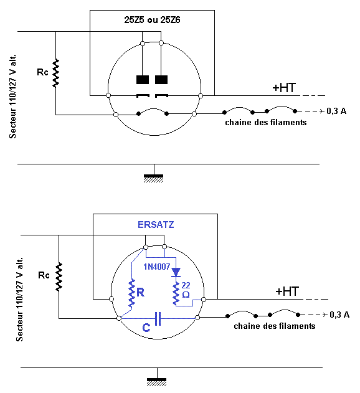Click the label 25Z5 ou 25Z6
pyautogui.click(x=152, y=20)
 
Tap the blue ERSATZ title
pyautogui.click(x=156, y=225)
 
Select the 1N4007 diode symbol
pyautogui.click(x=176, y=272)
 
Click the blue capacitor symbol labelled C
pyautogui.click(x=158, y=318)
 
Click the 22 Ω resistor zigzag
pyautogui.click(x=176, y=293)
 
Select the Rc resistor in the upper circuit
pyautogui.click(x=55, y=73)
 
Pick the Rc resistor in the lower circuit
pyautogui.click(x=59, y=277)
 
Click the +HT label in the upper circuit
pyautogui.click(x=284, y=88)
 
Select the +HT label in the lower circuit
pyautogui.click(x=287, y=291)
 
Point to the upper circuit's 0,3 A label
pyautogui.click(x=336, y=111)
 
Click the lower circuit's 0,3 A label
pyautogui.click(x=339, y=315)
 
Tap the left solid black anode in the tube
pyautogui.click(x=143, y=80)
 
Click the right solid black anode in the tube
pyautogui.click(x=161, y=80)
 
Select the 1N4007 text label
pyautogui.click(x=157, y=267)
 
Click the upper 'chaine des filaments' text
pyautogui.click(x=266, y=122)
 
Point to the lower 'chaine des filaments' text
pyautogui.click(x=275, y=326)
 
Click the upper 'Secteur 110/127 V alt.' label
pyautogui.click(x=12, y=97)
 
